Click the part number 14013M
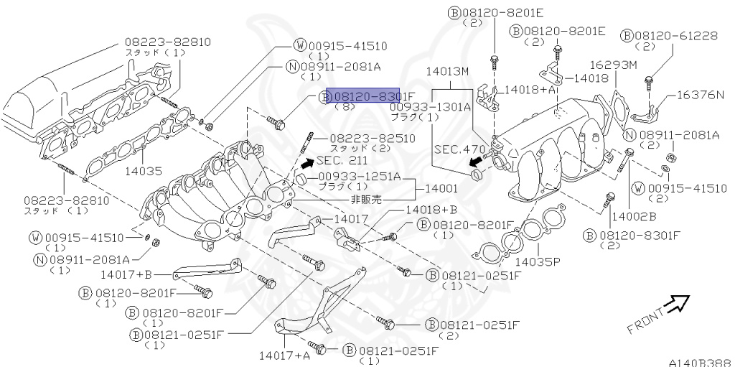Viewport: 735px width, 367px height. tap(446, 72)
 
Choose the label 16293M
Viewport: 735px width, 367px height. tap(613, 65)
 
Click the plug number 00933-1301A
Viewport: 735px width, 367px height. tap(430, 106)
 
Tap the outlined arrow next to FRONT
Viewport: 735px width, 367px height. tap(675, 304)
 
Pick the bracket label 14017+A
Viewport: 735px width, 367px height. tap(286, 354)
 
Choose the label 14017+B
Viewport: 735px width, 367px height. tap(126, 274)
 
